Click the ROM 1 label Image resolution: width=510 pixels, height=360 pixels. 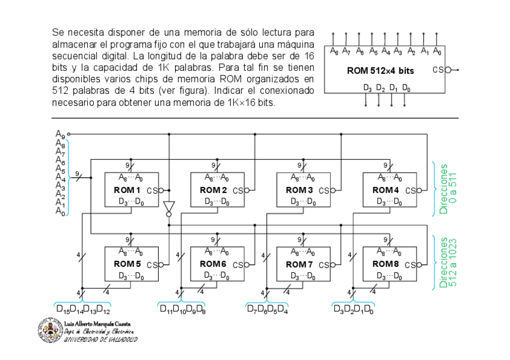pyautogui.click(x=127, y=190)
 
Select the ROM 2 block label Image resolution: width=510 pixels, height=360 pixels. pyautogui.click(x=213, y=190)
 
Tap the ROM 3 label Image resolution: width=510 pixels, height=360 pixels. pyautogui.click(x=299, y=190)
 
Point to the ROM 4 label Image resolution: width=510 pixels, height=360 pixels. pyautogui.click(x=385, y=190)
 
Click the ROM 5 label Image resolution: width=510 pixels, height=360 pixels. pyautogui.click(x=127, y=264)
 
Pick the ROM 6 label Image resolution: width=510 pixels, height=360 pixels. pyautogui.click(x=213, y=264)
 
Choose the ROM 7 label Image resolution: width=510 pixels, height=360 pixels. pyautogui.click(x=299, y=264)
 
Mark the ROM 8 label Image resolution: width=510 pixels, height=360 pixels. pyautogui.click(x=385, y=264)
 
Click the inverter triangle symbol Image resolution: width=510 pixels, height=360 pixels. pyautogui.click(x=168, y=206)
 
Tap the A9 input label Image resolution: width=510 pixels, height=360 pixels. pyautogui.click(x=60, y=133)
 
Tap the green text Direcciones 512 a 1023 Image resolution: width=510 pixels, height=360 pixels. pyautogui.click(x=448, y=263)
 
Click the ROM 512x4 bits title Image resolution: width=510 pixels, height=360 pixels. pyautogui.click(x=380, y=71)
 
